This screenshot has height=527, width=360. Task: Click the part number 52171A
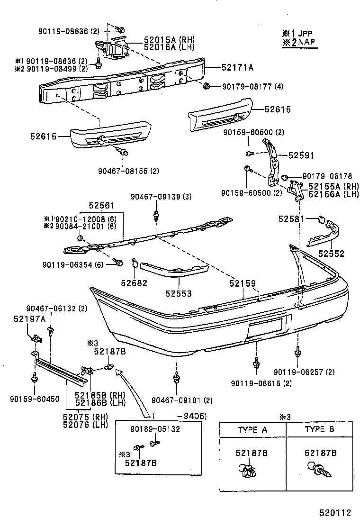237,68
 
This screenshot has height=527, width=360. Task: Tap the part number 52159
243,283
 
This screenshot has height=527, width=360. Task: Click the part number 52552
331,254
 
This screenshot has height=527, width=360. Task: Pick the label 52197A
29,319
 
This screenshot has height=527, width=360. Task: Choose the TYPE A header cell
252,430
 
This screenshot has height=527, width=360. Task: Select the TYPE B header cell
320,430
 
